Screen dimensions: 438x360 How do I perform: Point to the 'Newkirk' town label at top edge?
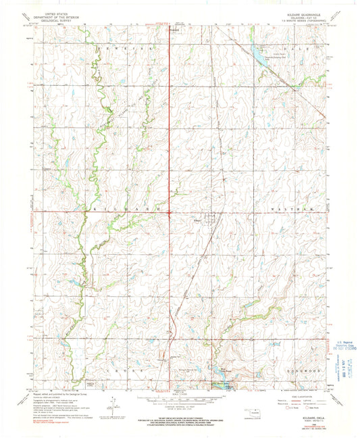click(174, 30)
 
